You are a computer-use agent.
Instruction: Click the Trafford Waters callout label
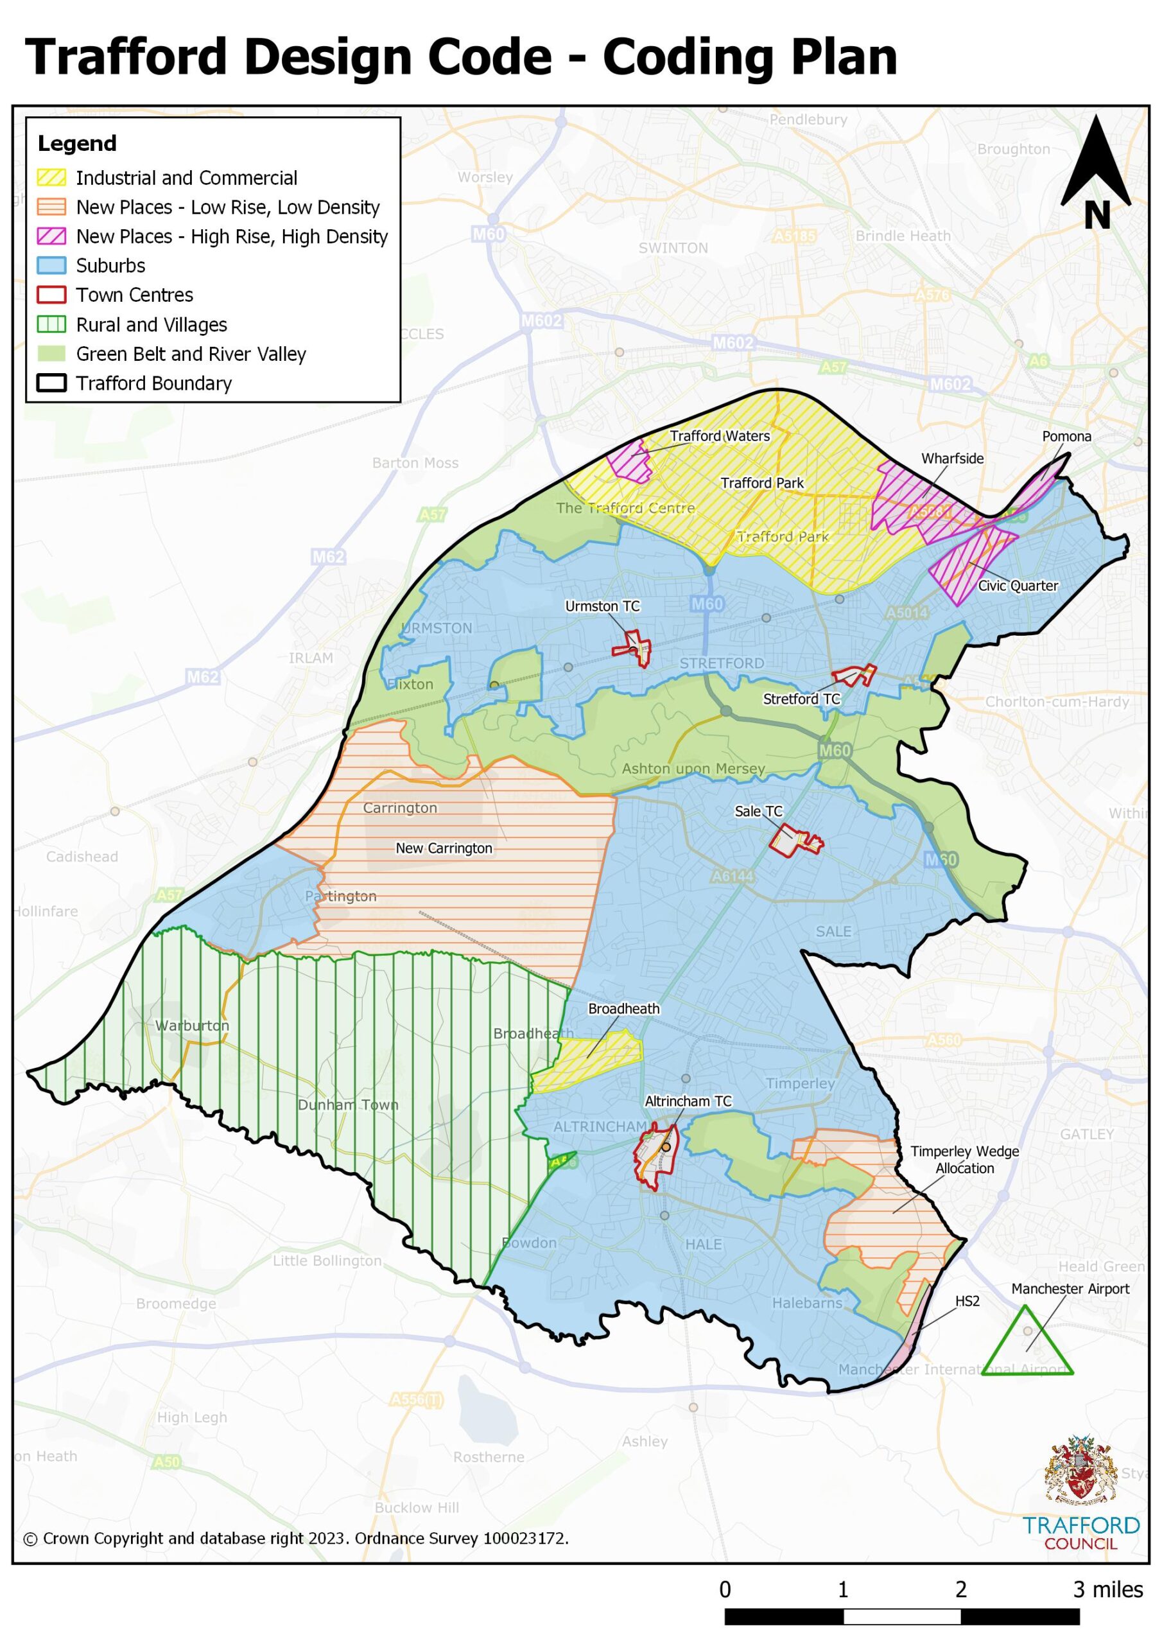720,435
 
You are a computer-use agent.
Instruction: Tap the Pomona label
1066,436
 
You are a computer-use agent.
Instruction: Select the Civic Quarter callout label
1018,586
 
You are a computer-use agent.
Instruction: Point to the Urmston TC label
602,606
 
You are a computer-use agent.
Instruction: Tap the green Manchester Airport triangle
1025,1345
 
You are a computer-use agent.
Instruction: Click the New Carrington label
444,848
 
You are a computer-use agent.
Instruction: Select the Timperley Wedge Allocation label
964,1159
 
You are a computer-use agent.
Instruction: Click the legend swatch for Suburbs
51,266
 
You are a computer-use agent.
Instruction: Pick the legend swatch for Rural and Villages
51,324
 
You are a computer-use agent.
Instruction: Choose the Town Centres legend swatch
51,295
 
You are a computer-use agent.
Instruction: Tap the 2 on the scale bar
960,1589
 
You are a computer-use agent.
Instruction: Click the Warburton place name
192,1026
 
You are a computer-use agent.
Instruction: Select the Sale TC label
758,811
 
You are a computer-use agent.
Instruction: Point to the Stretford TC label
801,699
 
